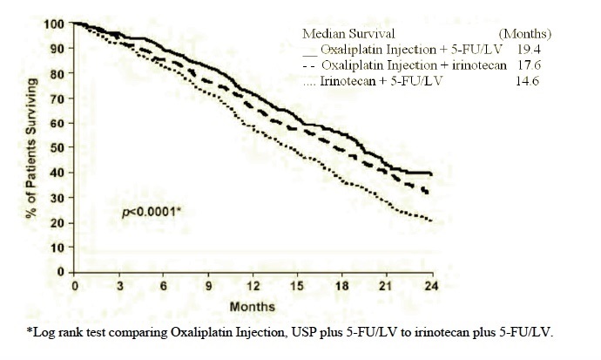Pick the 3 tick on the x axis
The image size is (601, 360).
coord(118,286)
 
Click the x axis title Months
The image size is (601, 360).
coord(253,306)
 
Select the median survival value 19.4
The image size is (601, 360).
coord(543,51)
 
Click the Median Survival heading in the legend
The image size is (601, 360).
coord(341,34)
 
